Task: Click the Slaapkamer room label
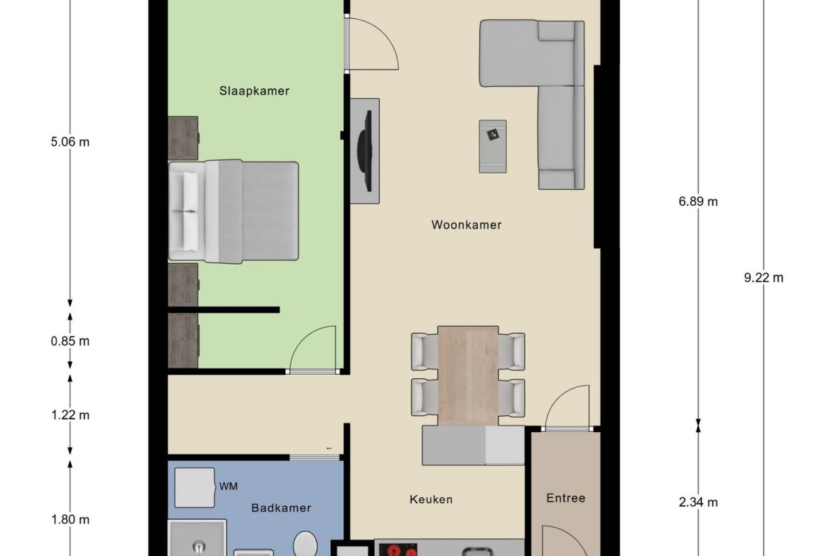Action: pyautogui.click(x=254, y=91)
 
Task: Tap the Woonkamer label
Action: pyautogui.click(x=466, y=225)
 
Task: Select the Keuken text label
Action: pyautogui.click(x=431, y=500)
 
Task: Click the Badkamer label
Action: pyautogui.click(x=281, y=508)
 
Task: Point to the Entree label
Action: pyautogui.click(x=565, y=499)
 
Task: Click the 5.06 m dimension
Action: pyautogui.click(x=70, y=142)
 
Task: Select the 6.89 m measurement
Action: pyautogui.click(x=698, y=202)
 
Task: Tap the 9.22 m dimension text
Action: pyautogui.click(x=764, y=278)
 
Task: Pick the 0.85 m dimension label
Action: pyautogui.click(x=70, y=341)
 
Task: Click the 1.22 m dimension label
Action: pyautogui.click(x=70, y=415)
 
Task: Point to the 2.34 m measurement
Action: pyautogui.click(x=698, y=503)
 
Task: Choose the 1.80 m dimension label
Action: pyautogui.click(x=70, y=520)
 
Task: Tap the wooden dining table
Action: pyautogui.click(x=468, y=375)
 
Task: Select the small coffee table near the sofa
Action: pyautogui.click(x=492, y=146)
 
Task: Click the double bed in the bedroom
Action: pyautogui.click(x=234, y=211)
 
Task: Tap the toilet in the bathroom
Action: pyautogui.click(x=305, y=545)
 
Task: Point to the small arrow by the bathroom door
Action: pyautogui.click(x=330, y=449)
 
